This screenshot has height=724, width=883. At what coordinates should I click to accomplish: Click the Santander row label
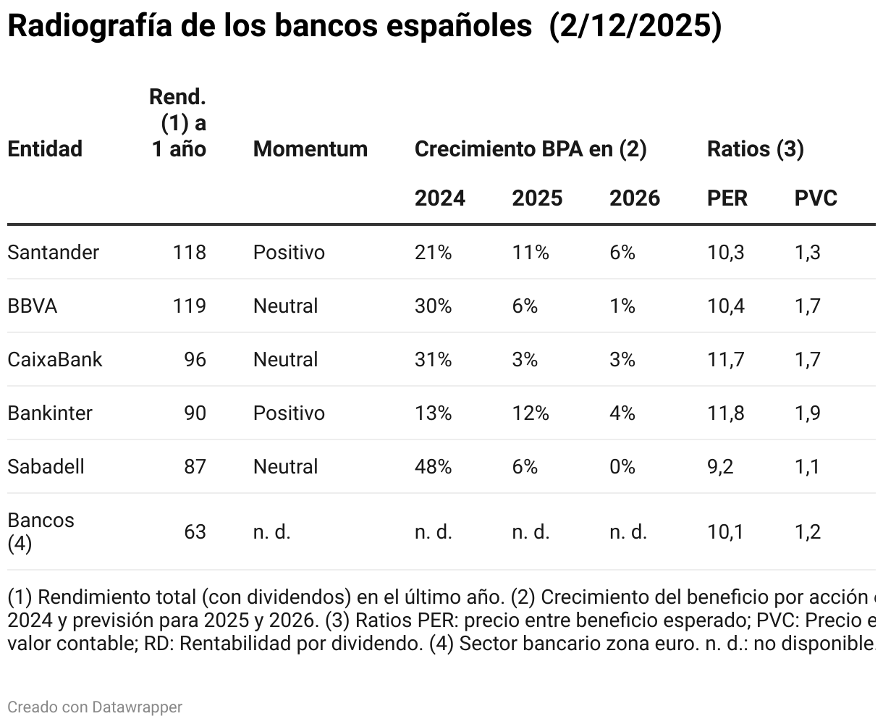tap(53, 252)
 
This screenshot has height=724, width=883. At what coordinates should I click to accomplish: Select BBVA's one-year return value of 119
tap(189, 306)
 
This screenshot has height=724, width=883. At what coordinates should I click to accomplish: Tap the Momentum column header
tap(310, 149)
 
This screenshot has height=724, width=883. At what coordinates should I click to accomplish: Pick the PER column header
tap(727, 198)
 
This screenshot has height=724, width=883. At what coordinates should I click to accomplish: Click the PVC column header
tap(816, 198)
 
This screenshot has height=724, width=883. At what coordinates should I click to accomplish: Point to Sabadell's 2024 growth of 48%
tap(433, 466)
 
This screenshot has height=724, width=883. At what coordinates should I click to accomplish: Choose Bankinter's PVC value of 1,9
tap(807, 413)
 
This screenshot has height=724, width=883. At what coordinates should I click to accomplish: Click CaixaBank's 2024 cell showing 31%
tap(433, 359)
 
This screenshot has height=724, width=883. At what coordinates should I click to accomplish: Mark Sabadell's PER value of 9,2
tap(720, 466)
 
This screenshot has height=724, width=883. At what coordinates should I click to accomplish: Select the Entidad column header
tap(45, 149)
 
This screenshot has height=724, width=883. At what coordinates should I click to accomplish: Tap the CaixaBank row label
tap(55, 359)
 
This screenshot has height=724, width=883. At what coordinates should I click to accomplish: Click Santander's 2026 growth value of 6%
tap(622, 252)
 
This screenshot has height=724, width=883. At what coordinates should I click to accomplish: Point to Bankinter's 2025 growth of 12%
tap(531, 413)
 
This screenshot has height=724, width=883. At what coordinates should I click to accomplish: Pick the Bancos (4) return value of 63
tap(195, 531)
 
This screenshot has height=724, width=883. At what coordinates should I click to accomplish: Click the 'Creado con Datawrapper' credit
tap(95, 707)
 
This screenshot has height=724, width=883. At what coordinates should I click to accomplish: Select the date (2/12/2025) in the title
tap(635, 27)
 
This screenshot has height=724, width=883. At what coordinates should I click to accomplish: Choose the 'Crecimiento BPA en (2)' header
tap(530, 149)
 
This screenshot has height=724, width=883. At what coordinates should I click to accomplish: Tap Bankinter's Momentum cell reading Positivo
tap(289, 413)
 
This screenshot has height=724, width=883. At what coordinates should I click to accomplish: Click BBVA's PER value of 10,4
tap(725, 306)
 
